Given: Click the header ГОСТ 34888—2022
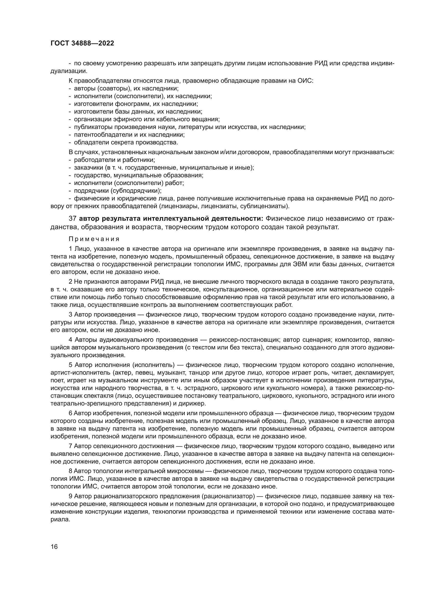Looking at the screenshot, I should coord(82,43).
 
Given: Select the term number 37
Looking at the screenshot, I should coord(72,219).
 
